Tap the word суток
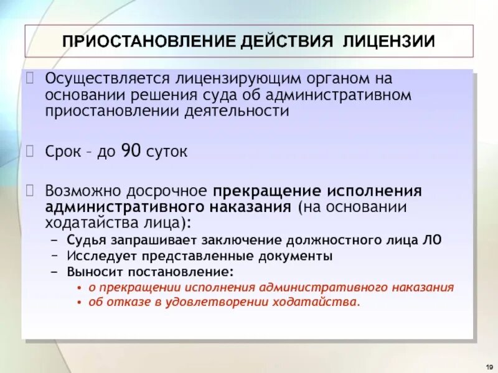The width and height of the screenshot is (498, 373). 166,152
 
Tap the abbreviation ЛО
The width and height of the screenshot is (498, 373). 433,240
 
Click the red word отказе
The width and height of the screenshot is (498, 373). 121,302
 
